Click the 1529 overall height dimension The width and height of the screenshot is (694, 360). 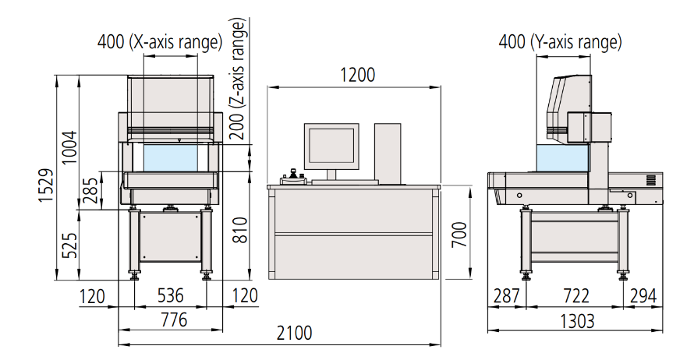coord(46,185)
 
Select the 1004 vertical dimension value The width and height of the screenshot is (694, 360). coord(69,148)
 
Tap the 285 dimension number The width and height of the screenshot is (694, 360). coord(90,190)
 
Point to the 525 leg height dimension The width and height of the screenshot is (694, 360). coord(69,245)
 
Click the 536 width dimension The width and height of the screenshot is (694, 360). coord(171,296)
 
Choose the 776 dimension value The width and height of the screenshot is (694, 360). coord(174,319)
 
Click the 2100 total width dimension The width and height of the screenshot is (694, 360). coord(294,334)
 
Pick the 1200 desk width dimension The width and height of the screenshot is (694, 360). coord(358,75)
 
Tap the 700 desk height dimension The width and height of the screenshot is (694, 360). coord(459,235)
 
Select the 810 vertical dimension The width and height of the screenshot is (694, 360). coord(240,230)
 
